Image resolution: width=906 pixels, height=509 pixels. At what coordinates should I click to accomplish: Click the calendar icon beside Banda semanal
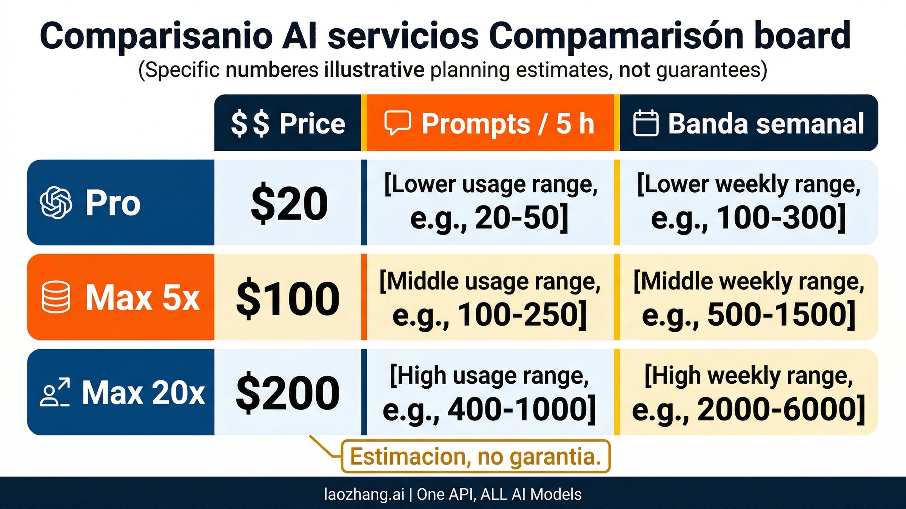click(646, 123)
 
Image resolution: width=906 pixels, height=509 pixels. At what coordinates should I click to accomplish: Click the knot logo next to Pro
click(56, 203)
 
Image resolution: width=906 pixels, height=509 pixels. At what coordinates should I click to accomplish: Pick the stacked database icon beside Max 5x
click(55, 297)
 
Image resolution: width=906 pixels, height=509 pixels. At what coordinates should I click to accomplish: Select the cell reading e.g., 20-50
click(490, 203)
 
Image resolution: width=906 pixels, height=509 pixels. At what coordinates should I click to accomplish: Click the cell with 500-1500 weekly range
click(748, 298)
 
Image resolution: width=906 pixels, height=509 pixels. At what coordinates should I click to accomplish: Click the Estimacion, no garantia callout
click(476, 457)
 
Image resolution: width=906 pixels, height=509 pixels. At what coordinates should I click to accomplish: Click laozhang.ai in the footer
click(364, 494)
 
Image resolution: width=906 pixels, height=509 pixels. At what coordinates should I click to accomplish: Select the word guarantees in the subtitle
click(711, 70)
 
